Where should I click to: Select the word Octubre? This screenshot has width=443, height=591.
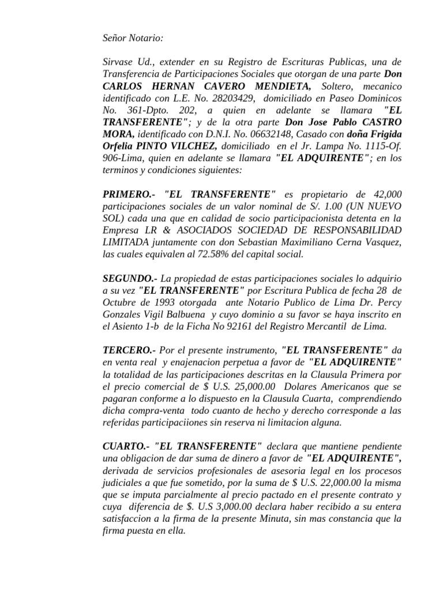tap(119, 302)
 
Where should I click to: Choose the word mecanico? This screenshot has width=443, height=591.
tap(380, 86)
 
